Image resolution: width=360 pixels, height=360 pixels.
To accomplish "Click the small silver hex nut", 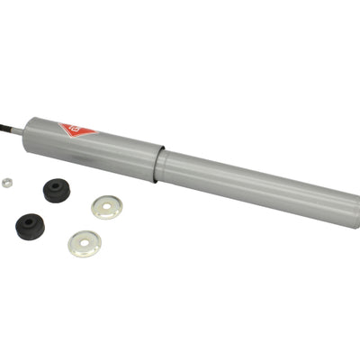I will click(7, 181).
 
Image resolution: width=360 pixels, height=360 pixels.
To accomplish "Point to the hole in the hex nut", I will click(7, 181).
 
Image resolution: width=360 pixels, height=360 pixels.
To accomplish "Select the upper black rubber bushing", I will click(58, 191).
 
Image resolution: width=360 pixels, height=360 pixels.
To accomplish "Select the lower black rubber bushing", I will click(30, 225).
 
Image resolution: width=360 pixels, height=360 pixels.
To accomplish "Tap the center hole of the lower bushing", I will click(30, 220).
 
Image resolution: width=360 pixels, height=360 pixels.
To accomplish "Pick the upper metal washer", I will click(107, 207).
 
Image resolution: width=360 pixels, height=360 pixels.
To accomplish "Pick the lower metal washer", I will click(85, 243).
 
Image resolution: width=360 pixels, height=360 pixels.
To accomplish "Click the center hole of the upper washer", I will click(107, 207).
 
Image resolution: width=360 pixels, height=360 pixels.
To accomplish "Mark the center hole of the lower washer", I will click(85, 243).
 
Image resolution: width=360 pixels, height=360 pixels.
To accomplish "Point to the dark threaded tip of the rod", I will click(4, 126).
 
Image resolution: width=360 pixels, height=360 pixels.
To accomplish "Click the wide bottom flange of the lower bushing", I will click(30, 231).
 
